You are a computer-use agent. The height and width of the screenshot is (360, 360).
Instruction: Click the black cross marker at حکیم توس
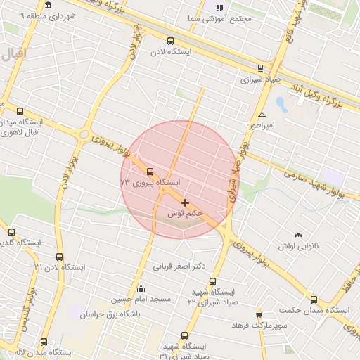coord(185,202)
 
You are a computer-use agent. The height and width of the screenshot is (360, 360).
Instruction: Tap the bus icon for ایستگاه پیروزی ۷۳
coord(149,172)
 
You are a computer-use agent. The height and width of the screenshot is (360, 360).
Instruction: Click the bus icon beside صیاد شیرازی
coord(260,68)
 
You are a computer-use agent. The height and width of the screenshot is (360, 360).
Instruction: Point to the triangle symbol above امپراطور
coord(262,115)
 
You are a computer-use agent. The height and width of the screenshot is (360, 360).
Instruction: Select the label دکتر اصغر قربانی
coord(179,266)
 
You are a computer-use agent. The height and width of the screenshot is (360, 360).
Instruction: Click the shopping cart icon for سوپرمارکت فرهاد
coord(259,314)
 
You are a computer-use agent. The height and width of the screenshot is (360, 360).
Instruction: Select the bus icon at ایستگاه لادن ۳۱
coord(59,257)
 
